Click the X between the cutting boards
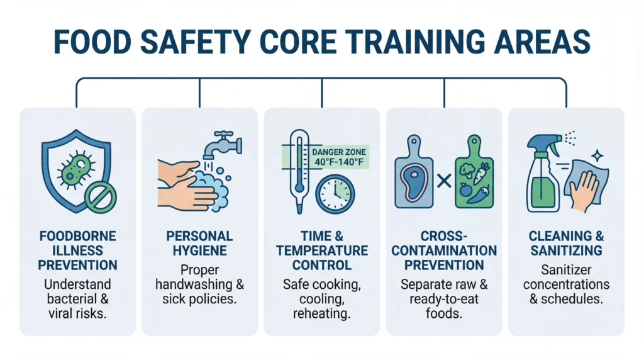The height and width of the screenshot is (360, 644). click(x=444, y=182)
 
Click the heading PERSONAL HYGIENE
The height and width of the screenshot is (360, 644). click(x=200, y=244)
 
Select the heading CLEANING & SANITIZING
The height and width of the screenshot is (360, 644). click(x=566, y=244)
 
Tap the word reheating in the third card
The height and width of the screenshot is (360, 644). click(x=321, y=314)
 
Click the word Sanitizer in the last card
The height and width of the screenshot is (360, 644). click(x=566, y=269)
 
